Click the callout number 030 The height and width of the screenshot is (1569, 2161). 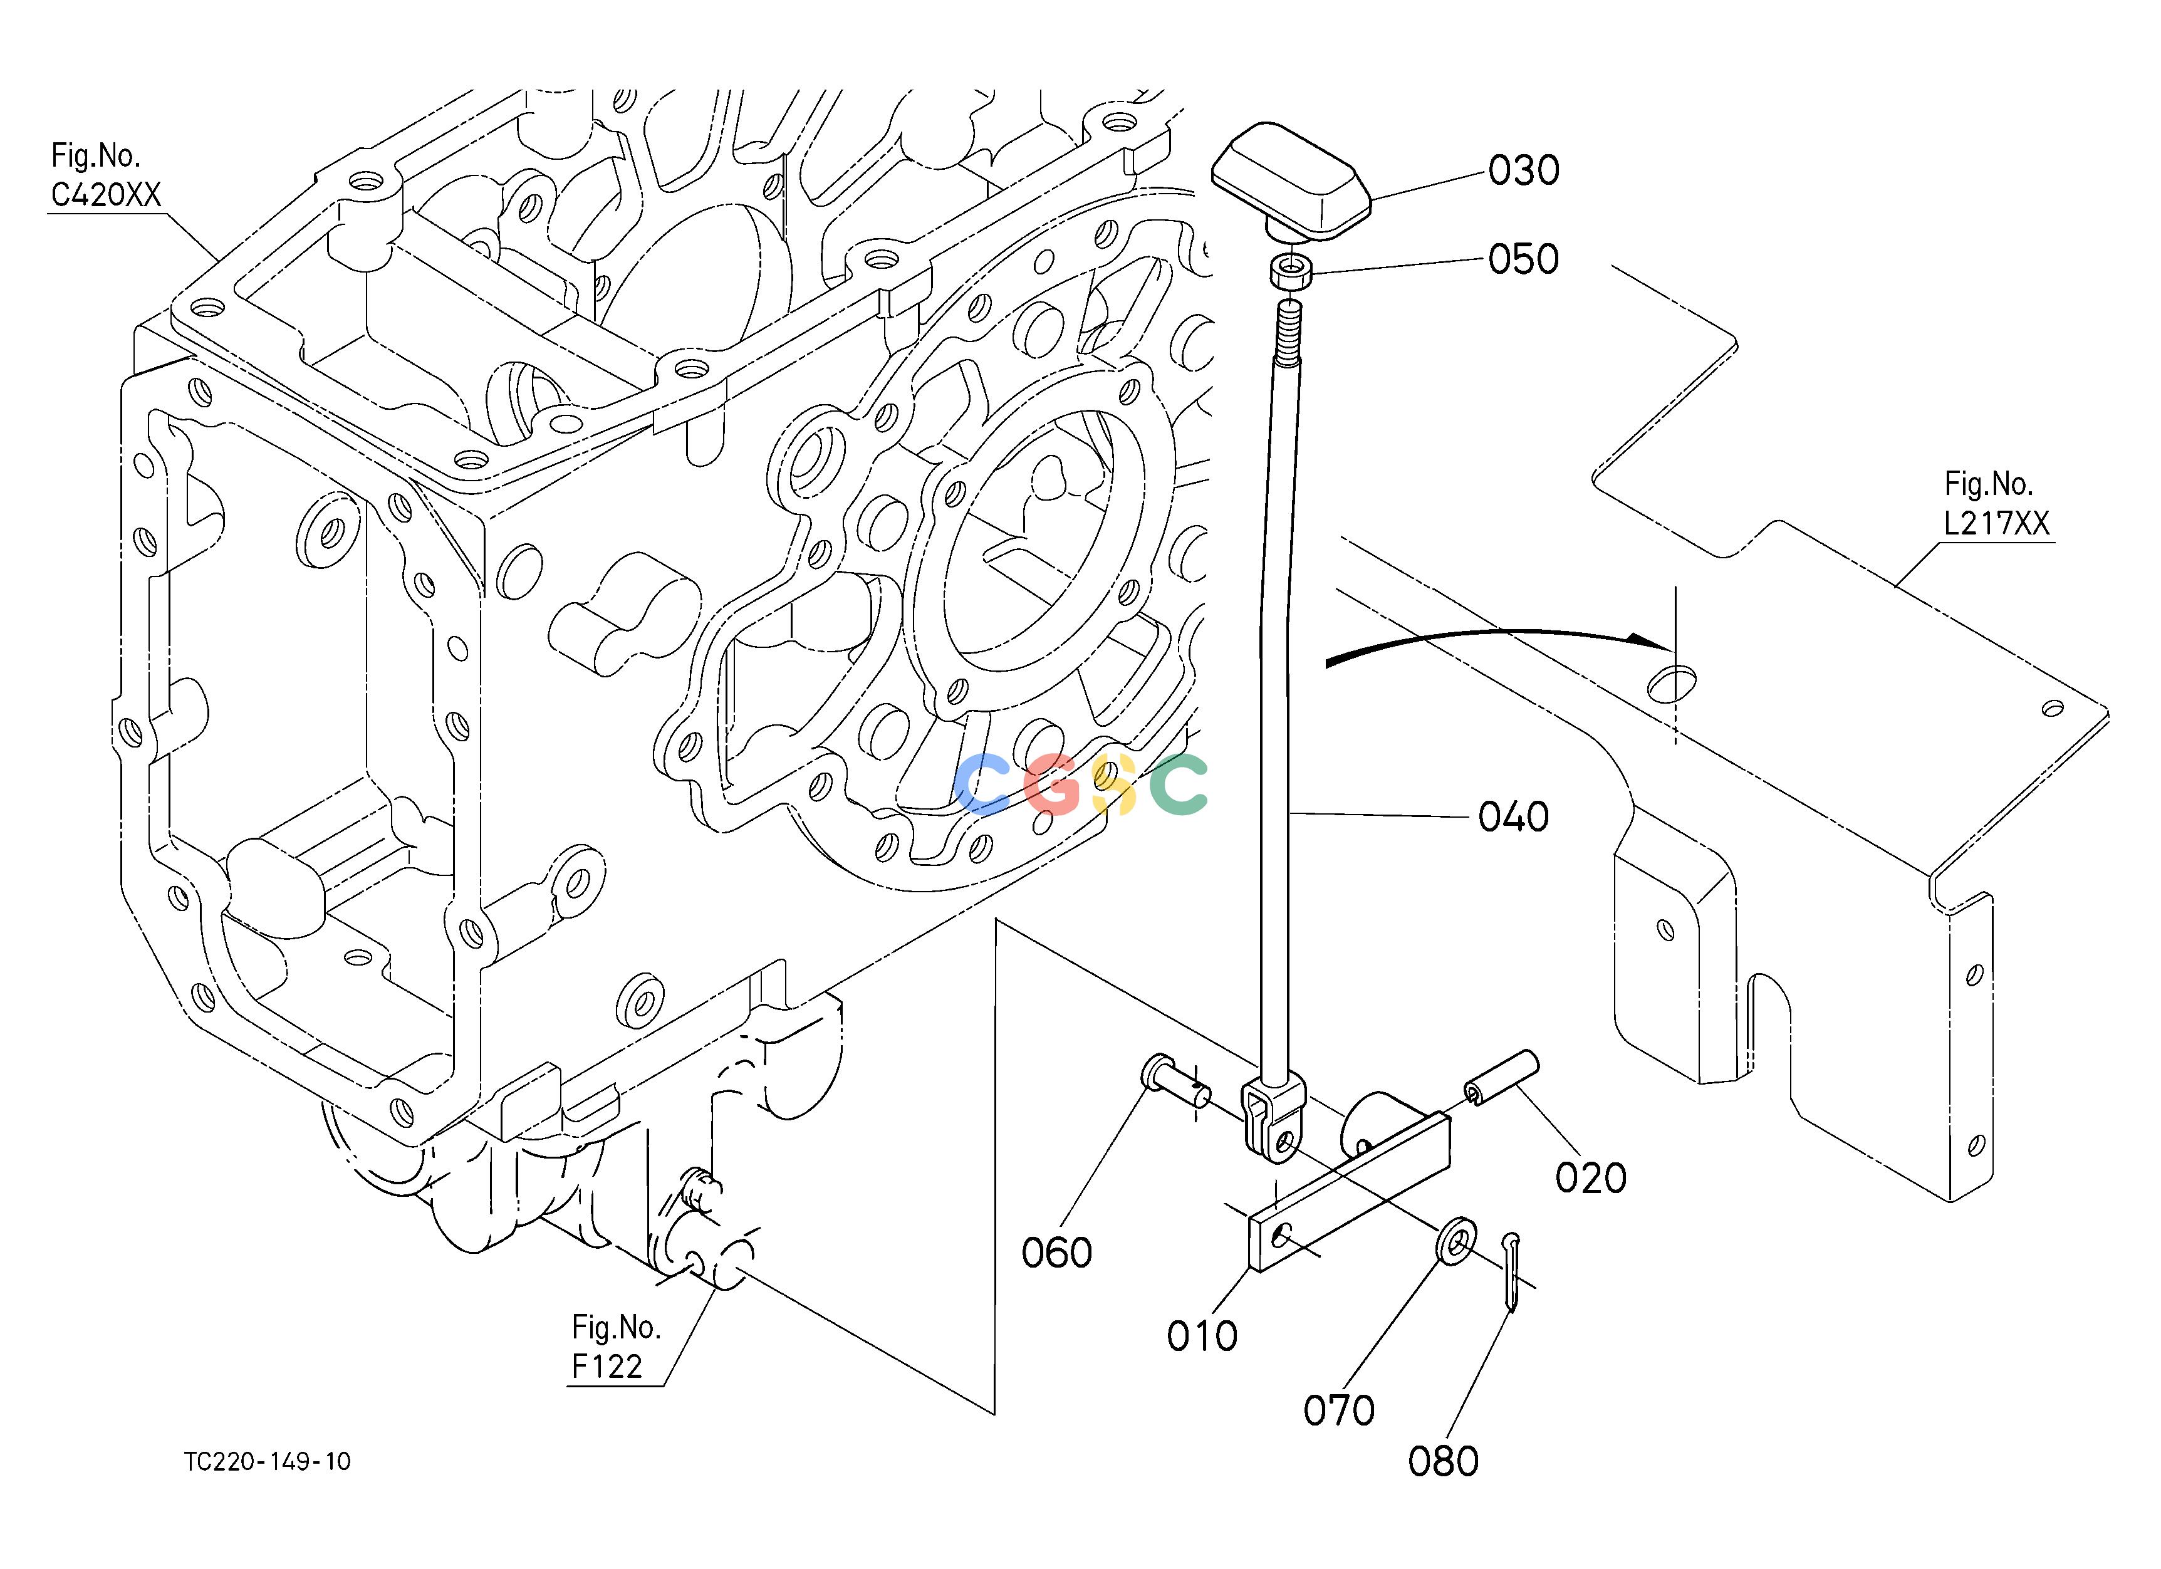[1524, 170]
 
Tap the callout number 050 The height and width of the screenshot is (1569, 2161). [1524, 259]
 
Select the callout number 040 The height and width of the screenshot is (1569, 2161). [1514, 816]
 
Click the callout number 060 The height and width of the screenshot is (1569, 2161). [1056, 1253]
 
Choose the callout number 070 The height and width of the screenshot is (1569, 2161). [1339, 1411]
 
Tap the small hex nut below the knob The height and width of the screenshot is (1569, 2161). [1291, 269]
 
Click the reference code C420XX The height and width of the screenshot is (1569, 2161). [106, 195]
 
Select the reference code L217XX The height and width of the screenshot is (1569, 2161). [1997, 523]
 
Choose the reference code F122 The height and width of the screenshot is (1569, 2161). [607, 1367]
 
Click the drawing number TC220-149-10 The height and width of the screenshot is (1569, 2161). [268, 1462]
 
